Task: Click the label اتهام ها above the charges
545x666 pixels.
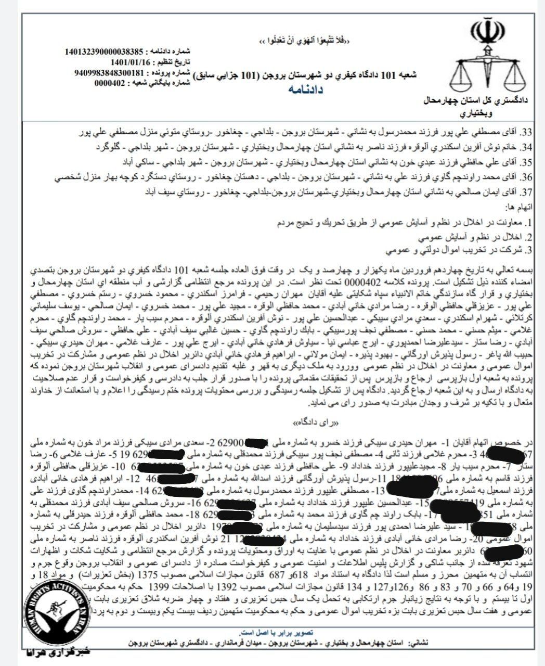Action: tap(522, 207)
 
